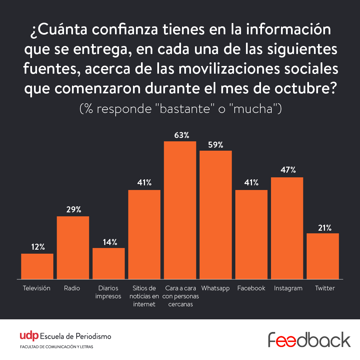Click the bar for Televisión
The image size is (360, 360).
(x=37, y=266)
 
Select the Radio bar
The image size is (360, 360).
(x=73, y=248)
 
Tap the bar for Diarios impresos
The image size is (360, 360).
(x=109, y=263)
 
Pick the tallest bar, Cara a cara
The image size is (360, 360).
(x=180, y=210)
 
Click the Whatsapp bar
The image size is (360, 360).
(x=216, y=215)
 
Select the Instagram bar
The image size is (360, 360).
(x=287, y=228)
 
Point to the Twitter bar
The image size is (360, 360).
(x=323, y=256)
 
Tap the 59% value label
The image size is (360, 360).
(x=216, y=145)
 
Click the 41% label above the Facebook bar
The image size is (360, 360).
(x=251, y=183)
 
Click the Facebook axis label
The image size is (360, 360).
(x=251, y=288)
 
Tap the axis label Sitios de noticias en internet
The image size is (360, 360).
(x=144, y=296)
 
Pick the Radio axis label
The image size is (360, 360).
(x=72, y=288)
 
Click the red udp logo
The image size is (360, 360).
(x=29, y=336)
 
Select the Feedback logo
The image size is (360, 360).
(x=309, y=340)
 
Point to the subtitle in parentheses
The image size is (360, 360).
(x=180, y=109)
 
